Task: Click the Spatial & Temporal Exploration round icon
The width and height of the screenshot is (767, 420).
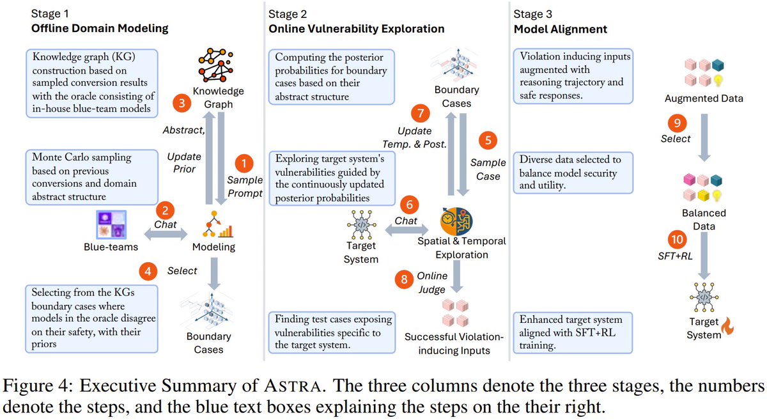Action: click(455, 219)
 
